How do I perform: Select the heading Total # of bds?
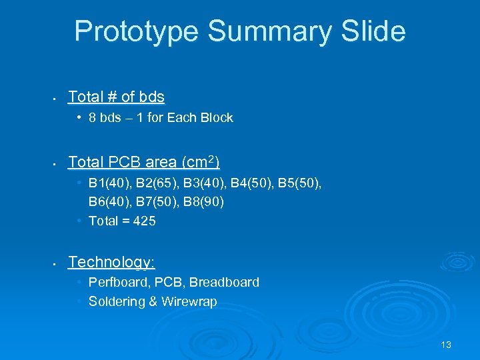[116, 97]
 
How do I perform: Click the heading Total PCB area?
[144, 162]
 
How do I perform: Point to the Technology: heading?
[111, 262]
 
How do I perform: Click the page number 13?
[446, 345]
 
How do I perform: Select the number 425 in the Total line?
[145, 221]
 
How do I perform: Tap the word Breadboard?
[225, 282]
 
